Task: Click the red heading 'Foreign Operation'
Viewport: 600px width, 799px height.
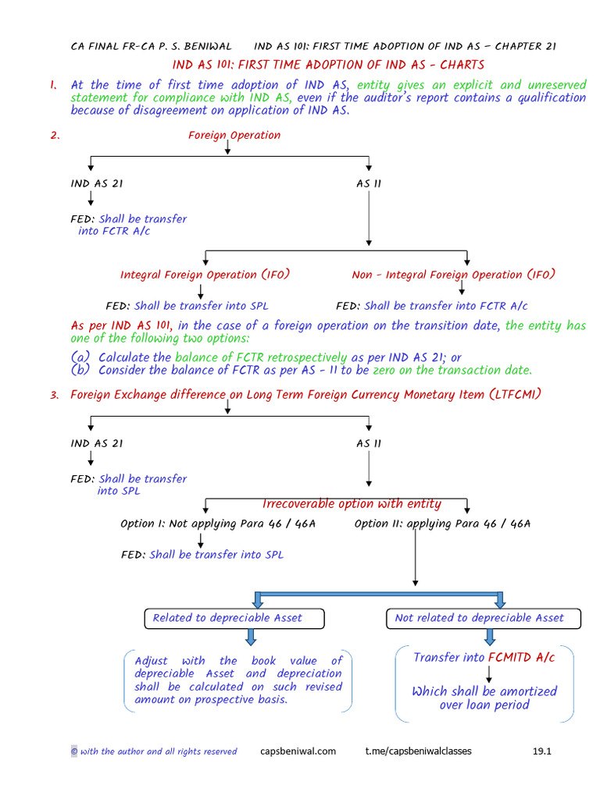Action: (x=234, y=135)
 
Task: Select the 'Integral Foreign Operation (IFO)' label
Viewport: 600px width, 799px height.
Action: (x=205, y=275)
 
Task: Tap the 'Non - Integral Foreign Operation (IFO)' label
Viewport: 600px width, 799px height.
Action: (x=453, y=275)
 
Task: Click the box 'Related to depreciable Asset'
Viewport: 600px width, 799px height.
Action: (x=227, y=618)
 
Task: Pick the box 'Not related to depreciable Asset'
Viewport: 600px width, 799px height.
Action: (x=479, y=618)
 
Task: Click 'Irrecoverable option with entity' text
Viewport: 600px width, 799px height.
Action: (x=352, y=504)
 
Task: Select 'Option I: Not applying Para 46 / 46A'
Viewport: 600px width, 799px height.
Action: (x=218, y=524)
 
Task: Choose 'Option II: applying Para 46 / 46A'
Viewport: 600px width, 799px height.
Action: (x=442, y=524)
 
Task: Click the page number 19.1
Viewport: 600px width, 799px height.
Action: (x=542, y=751)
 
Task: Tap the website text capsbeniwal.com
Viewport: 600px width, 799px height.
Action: (x=298, y=751)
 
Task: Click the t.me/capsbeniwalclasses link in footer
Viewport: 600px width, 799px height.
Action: (x=418, y=751)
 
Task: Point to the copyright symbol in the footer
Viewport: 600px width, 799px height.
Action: (x=74, y=751)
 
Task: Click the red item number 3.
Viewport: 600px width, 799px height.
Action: (x=55, y=395)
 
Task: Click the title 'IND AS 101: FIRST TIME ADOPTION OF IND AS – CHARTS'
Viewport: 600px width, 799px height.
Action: (x=328, y=65)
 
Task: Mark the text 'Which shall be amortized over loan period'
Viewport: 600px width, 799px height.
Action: (x=484, y=698)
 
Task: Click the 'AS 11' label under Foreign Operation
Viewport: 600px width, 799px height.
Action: (x=369, y=184)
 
